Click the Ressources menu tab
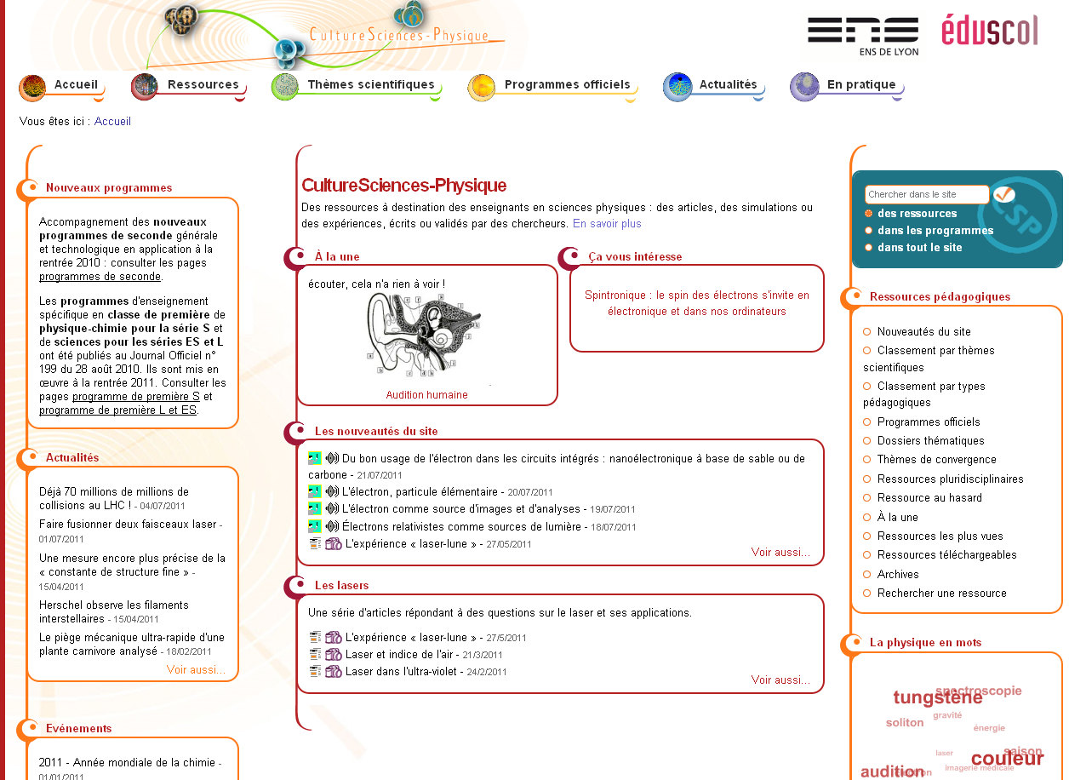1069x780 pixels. (203, 84)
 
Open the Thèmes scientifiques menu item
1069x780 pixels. (370, 84)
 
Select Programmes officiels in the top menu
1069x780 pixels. (567, 84)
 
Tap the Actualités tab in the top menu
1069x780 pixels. (728, 84)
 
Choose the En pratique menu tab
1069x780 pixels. (860, 84)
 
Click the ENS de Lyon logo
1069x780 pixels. (863, 35)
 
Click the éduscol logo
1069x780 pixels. (989, 31)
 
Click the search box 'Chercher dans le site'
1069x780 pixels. (926, 195)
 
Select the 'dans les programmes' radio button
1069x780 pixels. (869, 231)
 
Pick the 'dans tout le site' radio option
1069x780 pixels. (869, 248)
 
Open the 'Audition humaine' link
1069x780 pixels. (426, 395)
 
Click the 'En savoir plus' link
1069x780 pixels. (607, 224)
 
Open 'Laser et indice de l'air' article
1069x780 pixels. (402, 655)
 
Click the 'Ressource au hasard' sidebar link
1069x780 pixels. (929, 498)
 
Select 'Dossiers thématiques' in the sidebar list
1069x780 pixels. (930, 441)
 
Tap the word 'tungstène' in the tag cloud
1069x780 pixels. (937, 698)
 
